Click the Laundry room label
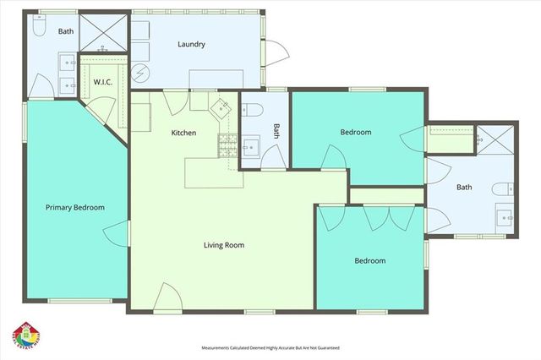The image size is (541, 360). pos(192,44)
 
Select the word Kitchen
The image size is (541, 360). pos(184,133)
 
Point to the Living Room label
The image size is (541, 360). pos(223,245)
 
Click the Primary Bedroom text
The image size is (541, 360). pos(75,207)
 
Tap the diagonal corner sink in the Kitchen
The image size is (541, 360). pos(221,107)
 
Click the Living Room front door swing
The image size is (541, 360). pos(167,298)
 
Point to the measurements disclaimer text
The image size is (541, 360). pos(270,347)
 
